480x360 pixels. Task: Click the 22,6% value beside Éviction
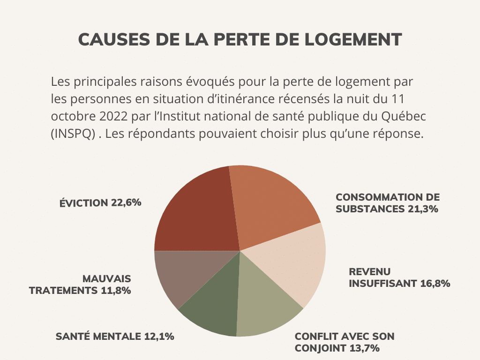tap(126, 203)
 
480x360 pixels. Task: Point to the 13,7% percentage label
tap(363, 348)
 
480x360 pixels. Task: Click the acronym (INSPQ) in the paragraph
tap(74, 133)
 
